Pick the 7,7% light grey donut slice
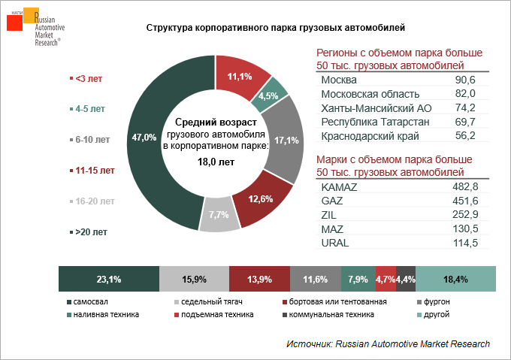tap(218, 214)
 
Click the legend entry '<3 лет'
tap(89, 77)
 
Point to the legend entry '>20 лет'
tap(91, 232)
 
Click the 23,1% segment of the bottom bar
tap(109, 279)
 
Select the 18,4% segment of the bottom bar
tap(456, 279)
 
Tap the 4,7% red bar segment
tap(385, 279)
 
